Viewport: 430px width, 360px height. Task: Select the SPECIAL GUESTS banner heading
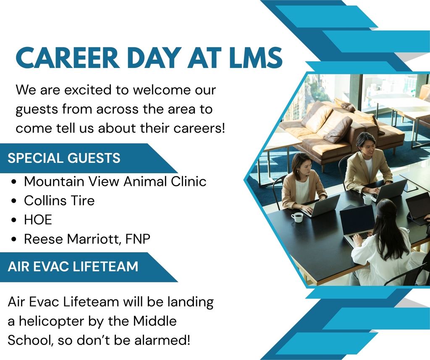point(64,158)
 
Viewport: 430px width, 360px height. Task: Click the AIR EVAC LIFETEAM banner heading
point(73,266)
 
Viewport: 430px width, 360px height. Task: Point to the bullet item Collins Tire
point(59,201)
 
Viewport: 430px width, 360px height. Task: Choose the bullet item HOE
point(38,220)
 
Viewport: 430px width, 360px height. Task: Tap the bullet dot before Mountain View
point(14,182)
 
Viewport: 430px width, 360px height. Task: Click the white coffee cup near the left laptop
point(297,218)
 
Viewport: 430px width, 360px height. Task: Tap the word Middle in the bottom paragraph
point(155,321)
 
